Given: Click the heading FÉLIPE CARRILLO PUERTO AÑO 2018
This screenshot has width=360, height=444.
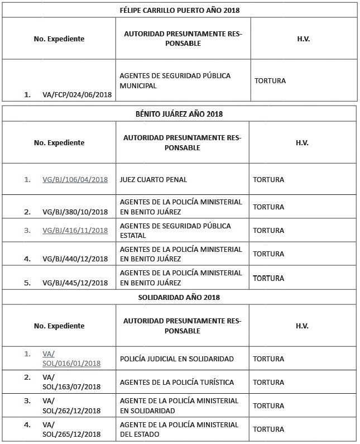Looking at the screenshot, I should pyautogui.click(x=180, y=10).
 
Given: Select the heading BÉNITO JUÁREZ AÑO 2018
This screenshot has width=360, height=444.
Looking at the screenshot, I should pyautogui.click(x=180, y=114).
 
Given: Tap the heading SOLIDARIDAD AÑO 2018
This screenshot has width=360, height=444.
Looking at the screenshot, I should pyautogui.click(x=180, y=297).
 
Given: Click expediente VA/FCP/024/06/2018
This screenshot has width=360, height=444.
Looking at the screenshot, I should pyautogui.click(x=77, y=95).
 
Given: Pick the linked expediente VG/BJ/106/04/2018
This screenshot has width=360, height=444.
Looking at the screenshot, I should pyautogui.click(x=75, y=180).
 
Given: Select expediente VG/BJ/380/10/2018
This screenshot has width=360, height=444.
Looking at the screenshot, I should pyautogui.click(x=75, y=212).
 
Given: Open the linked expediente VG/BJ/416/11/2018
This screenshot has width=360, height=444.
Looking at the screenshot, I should pyautogui.click(x=75, y=230).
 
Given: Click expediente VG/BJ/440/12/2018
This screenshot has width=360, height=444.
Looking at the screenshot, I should pyautogui.click(x=75, y=259).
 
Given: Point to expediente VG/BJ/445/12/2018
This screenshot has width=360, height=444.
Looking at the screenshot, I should pyautogui.click(x=75, y=283).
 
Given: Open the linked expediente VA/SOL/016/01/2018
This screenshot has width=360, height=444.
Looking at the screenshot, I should pyautogui.click(x=71, y=359).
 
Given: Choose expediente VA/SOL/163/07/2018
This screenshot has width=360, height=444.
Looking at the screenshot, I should pyautogui.click(x=71, y=383).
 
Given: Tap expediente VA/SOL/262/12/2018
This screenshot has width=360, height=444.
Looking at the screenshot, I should pyautogui.click(x=71, y=406).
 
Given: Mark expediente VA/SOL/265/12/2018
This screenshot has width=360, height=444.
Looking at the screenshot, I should pyautogui.click(x=71, y=430).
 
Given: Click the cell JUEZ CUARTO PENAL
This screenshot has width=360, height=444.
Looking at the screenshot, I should pyautogui.click(x=153, y=180).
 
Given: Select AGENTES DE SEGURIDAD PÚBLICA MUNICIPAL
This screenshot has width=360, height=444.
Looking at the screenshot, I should pyautogui.click(x=175, y=81).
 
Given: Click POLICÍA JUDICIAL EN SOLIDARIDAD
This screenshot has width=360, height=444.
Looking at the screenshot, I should pyautogui.click(x=176, y=359).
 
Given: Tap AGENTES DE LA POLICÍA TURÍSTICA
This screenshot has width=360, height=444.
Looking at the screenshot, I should pyautogui.click(x=176, y=383).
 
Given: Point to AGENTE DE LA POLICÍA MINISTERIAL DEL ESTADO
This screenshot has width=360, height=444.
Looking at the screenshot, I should pyautogui.click(x=179, y=429).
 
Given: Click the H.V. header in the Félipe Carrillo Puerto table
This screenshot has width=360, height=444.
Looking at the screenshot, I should pyautogui.click(x=304, y=39).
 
